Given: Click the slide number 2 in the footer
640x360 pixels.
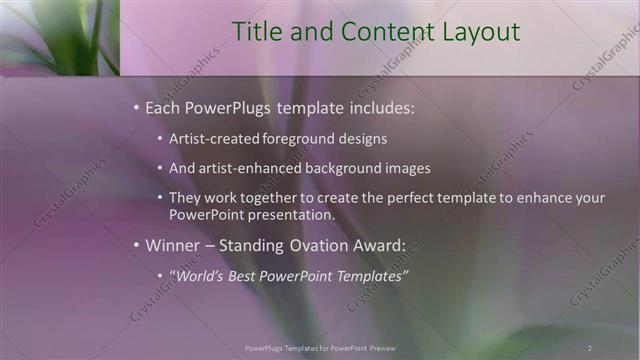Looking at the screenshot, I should pyautogui.click(x=590, y=347).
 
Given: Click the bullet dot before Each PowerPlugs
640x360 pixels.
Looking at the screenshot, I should pyautogui.click(x=136, y=106).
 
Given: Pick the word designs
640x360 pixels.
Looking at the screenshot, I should pyautogui.click(x=362, y=138).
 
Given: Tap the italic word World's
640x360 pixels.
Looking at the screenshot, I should pyautogui.click(x=200, y=275).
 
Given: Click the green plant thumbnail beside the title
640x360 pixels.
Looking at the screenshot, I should pyautogui.click(x=59, y=37).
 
